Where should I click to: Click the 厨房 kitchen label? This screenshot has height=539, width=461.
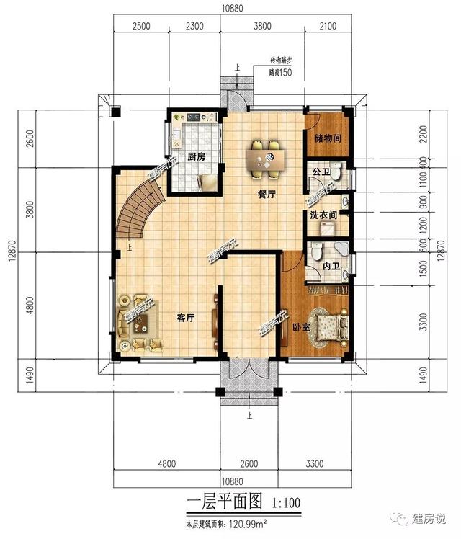[x=196, y=157]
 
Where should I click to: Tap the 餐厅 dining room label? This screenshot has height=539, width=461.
[x=267, y=195]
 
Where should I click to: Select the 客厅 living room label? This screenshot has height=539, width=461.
[x=186, y=318]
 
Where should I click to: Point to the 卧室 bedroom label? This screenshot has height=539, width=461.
[x=301, y=327]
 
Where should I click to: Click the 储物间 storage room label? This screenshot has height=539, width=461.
[x=328, y=138]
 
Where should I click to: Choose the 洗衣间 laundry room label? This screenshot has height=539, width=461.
[x=323, y=215]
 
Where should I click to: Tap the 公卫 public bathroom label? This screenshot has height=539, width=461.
[x=321, y=171]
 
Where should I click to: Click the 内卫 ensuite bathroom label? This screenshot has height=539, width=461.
[x=331, y=266]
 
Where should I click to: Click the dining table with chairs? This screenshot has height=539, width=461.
[x=266, y=159]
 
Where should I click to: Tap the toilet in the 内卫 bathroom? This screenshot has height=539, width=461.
[x=317, y=251]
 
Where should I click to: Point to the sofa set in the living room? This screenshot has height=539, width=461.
[x=139, y=323]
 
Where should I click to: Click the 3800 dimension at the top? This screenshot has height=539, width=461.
[x=262, y=26]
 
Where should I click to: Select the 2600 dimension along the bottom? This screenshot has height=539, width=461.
[x=249, y=464]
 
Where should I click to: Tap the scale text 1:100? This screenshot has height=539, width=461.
[x=286, y=503]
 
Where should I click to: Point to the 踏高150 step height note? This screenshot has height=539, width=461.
[x=280, y=73]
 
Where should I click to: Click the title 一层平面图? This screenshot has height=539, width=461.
[x=225, y=502]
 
